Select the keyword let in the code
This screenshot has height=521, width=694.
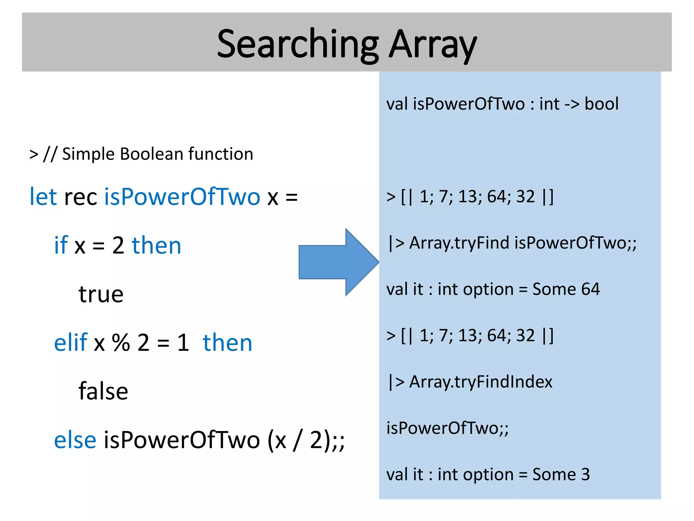[x=43, y=196]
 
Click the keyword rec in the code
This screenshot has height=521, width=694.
[x=81, y=197]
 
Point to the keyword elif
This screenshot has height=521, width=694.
[x=70, y=342]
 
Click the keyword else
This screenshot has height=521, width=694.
[x=75, y=440]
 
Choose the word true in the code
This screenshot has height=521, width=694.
[x=101, y=294]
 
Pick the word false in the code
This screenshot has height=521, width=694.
[x=103, y=391]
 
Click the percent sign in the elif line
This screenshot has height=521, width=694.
[x=121, y=343]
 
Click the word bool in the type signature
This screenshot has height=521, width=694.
[x=601, y=104]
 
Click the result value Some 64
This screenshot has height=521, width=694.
[x=566, y=289]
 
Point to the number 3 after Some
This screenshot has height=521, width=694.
[x=586, y=474]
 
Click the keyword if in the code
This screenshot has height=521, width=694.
[x=61, y=245]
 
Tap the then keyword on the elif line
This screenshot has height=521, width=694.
[x=227, y=343]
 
